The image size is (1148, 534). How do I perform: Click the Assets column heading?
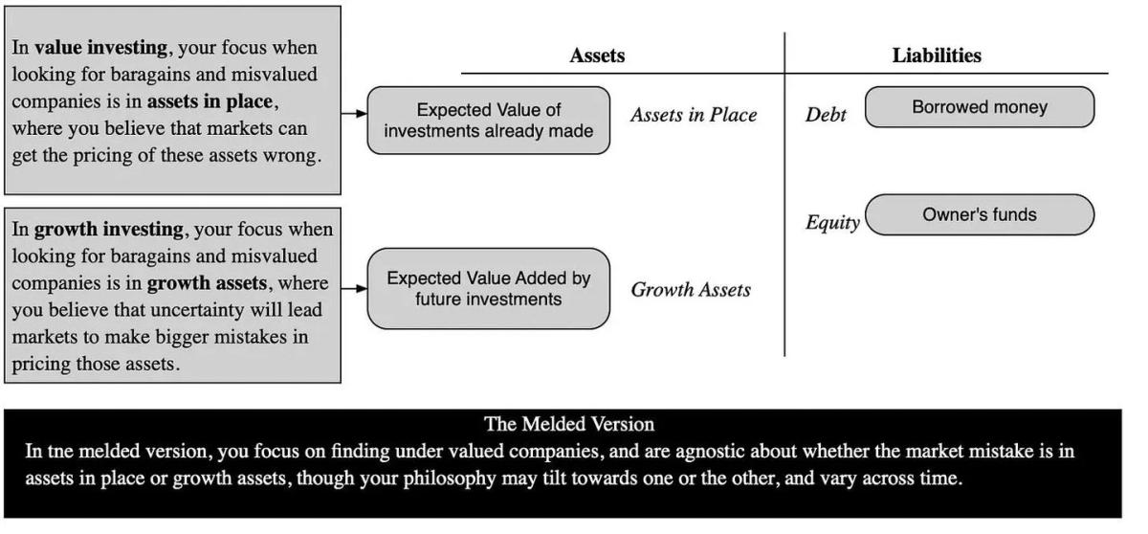coord(597,56)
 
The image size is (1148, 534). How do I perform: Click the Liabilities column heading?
coord(937,56)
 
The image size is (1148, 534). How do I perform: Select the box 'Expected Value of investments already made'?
coord(489,121)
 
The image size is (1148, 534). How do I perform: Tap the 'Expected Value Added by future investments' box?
coord(489,289)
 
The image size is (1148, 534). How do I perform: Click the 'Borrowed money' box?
coord(979,107)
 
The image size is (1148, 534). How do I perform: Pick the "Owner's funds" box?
coord(979,215)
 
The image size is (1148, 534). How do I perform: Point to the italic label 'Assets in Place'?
coord(694,116)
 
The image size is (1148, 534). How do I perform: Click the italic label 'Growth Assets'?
coord(691,290)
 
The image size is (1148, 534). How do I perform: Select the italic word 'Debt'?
coord(826,116)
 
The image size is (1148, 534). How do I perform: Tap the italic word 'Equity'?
coord(832,224)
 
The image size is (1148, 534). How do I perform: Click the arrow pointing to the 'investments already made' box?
coord(354,113)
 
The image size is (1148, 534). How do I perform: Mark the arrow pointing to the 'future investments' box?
coord(354,288)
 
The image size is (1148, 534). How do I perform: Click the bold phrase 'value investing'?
coord(94,48)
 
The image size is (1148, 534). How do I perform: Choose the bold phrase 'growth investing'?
coord(108,230)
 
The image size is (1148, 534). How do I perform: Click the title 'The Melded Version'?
coord(569,424)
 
